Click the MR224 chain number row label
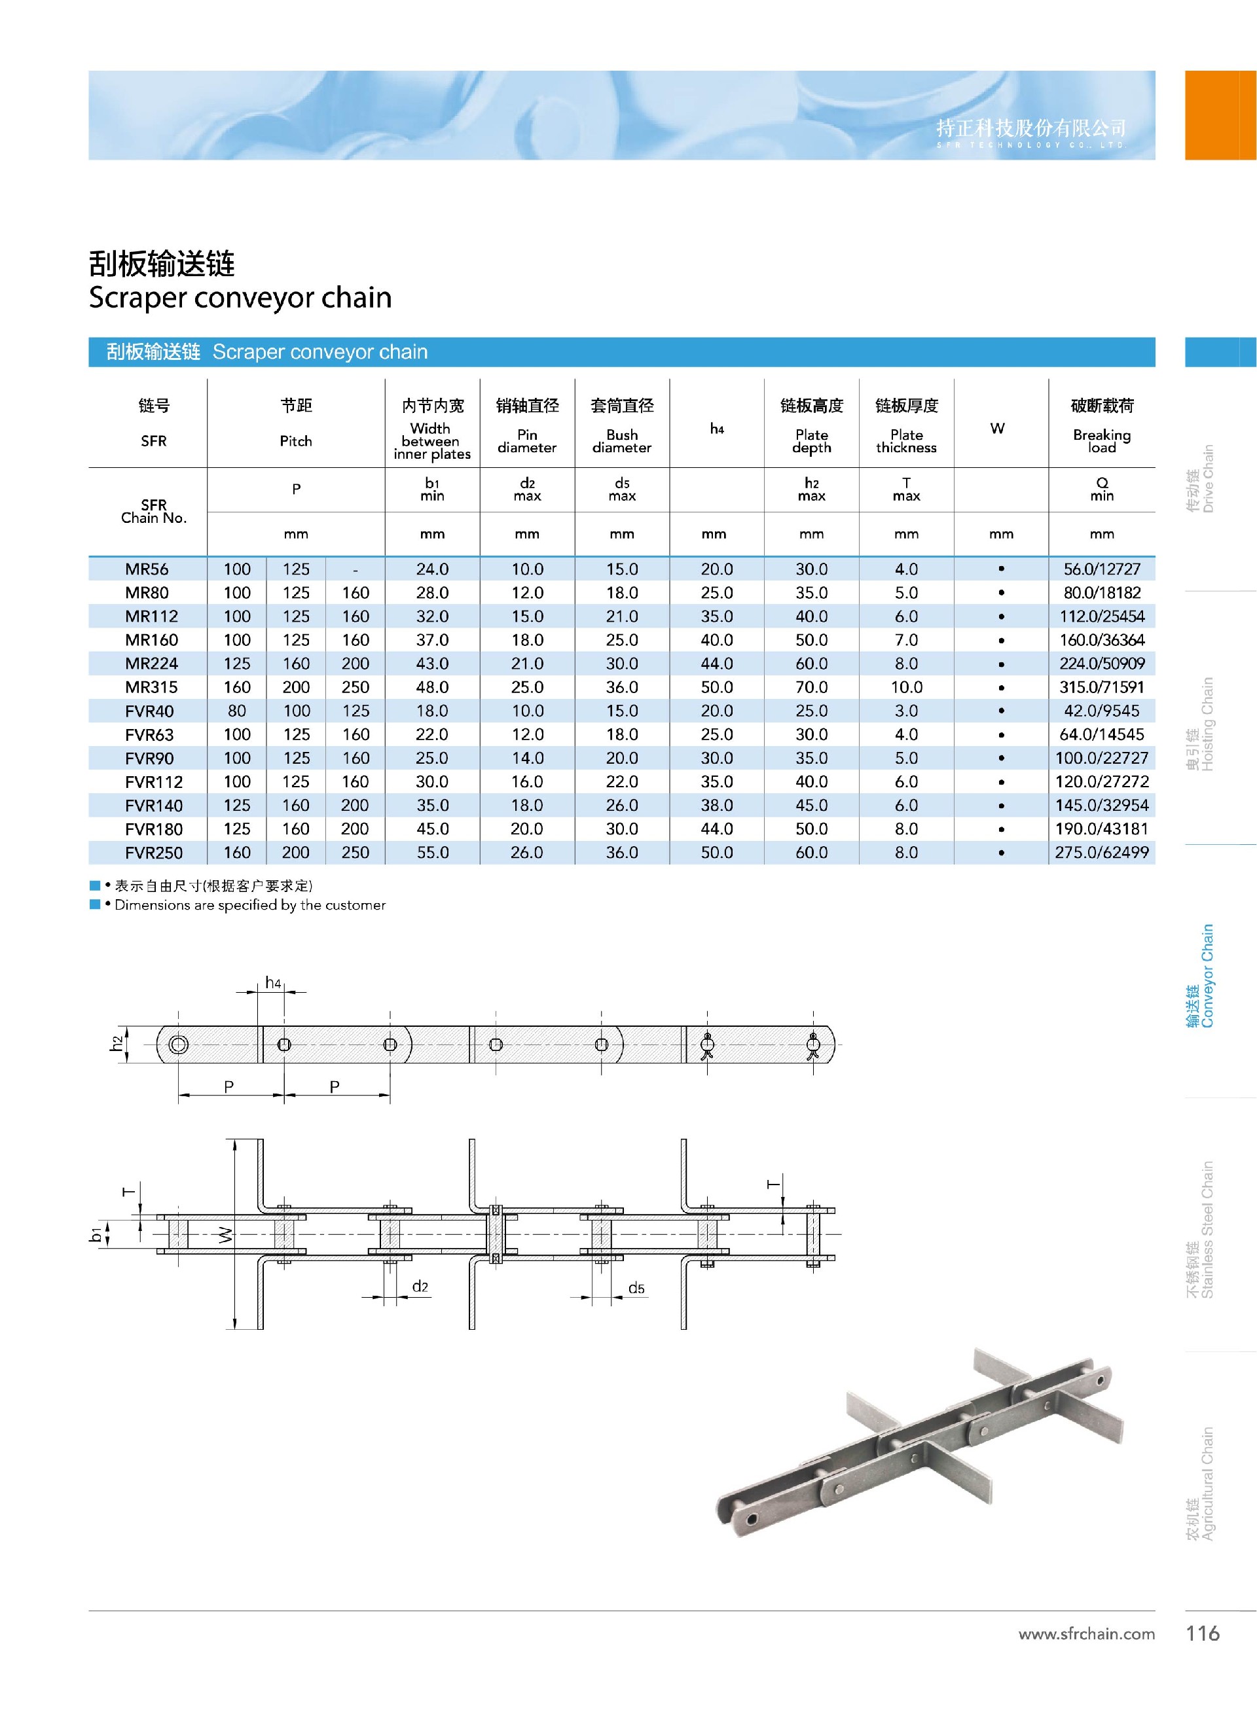pos(151,663)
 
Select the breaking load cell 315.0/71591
pos(1101,687)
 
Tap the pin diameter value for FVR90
pos(526,758)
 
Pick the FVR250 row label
pos(153,853)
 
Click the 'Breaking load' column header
pos(1101,440)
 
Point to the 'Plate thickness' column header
pos(905,440)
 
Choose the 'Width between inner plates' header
pos(431,440)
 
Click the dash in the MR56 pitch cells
pos(355,569)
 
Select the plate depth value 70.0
pos(811,687)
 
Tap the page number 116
pos(1202,1633)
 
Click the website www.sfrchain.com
pos(1085,1633)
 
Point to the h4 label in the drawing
pos(272,982)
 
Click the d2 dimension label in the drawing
pos(420,1286)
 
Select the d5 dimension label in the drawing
pos(636,1288)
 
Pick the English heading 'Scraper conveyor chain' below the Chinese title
pos(240,297)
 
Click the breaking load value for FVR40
pos(1101,710)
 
